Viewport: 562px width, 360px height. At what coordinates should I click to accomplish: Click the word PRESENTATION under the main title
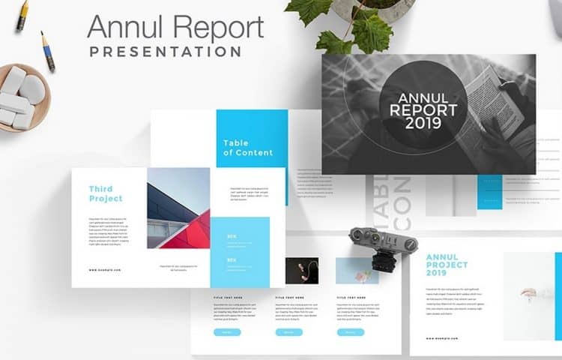(165, 52)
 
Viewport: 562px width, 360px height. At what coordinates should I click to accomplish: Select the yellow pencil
(22, 15)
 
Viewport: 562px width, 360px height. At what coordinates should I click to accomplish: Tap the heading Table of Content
(248, 148)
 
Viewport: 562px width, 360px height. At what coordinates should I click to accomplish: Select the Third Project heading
(106, 193)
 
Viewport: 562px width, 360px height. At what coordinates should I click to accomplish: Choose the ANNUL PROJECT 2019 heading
(447, 265)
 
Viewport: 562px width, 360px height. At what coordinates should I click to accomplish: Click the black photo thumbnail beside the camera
(301, 270)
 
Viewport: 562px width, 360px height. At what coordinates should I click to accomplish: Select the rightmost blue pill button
(350, 331)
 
